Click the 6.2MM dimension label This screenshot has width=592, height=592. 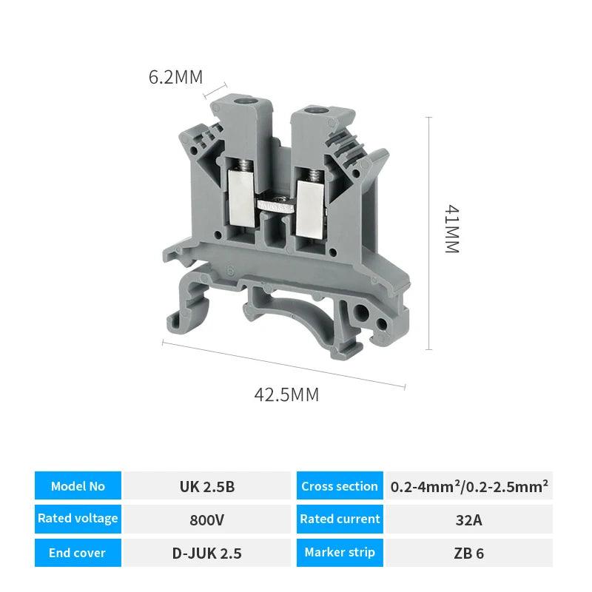point(175,77)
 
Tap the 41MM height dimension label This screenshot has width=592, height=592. point(451,229)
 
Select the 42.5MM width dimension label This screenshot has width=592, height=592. point(286,394)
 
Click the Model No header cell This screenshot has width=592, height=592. point(78,486)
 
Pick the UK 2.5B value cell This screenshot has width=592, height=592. point(207,486)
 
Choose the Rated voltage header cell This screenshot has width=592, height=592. point(78,519)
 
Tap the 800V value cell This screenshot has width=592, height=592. point(207,519)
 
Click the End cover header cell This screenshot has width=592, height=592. point(78,553)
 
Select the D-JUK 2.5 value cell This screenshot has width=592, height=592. point(207,553)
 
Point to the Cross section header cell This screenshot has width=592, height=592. point(340,486)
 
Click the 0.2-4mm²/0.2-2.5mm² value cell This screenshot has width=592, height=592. point(469,486)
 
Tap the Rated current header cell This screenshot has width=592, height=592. point(340,519)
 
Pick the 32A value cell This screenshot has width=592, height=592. point(469,519)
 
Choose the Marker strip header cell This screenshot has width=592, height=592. point(340,553)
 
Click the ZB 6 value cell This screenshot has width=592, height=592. point(469,553)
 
